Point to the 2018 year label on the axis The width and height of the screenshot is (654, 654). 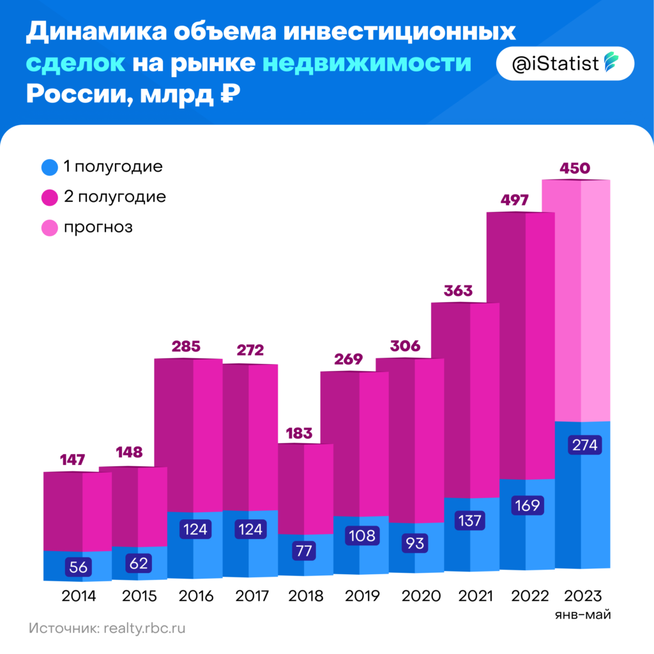click(x=306, y=597)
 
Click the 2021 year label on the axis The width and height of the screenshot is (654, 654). click(x=476, y=597)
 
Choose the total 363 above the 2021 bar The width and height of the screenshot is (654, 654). click(x=458, y=291)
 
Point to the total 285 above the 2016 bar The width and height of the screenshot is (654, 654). click(x=186, y=347)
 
